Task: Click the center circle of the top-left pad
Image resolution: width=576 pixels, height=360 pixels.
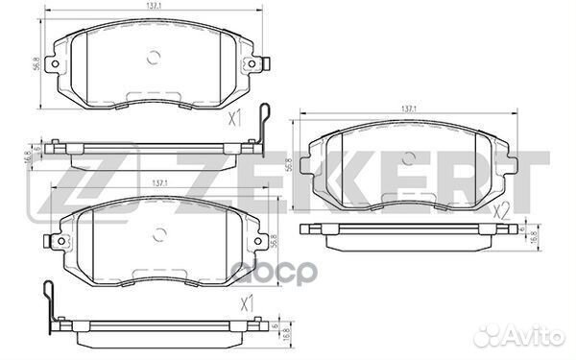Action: click(x=153, y=57)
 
